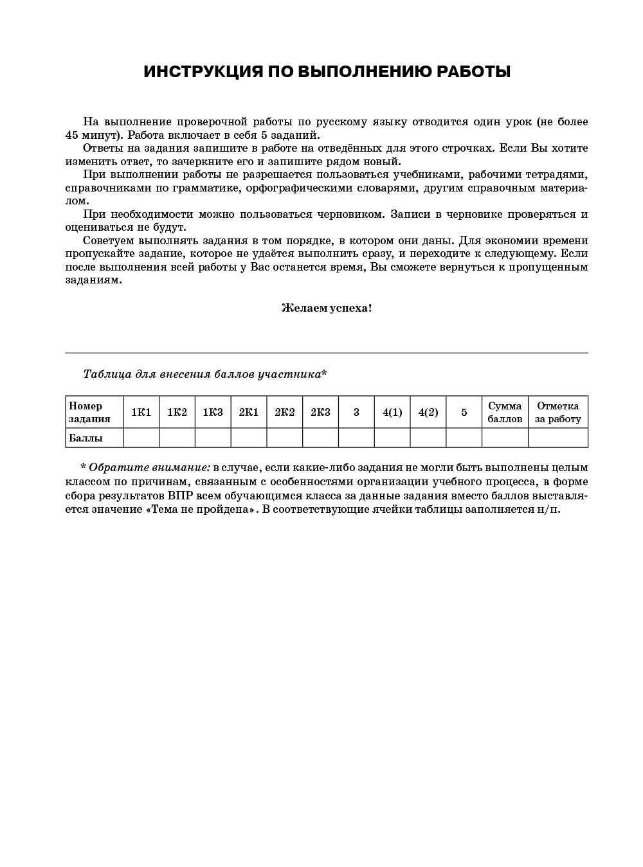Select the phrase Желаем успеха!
326,308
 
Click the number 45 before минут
72,135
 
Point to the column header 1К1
141,412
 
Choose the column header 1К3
213,412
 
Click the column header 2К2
284,412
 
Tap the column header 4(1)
392,412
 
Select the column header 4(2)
428,412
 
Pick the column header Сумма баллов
505,412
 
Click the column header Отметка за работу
558,412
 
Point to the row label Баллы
86,438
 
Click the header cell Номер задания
90,412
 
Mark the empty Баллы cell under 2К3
320,438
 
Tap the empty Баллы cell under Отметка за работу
558,438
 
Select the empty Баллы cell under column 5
464,438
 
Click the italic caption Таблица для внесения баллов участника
204,374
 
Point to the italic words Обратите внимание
149,467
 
